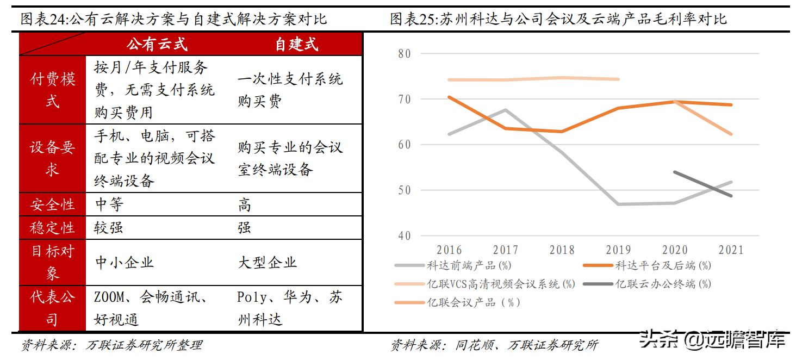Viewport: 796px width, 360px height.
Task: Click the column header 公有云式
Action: [157, 44]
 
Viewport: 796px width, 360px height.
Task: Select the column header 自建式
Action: [296, 44]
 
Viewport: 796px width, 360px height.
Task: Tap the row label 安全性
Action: [52, 204]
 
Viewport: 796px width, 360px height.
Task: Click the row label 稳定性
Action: [52, 228]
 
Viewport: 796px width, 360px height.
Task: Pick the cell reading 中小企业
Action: [125, 263]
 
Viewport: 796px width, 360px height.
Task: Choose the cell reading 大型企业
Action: [268, 263]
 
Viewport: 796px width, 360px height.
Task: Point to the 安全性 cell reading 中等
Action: [109, 204]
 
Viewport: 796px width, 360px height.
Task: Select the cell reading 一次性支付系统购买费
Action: [290, 90]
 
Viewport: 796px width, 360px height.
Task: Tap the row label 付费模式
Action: [52, 90]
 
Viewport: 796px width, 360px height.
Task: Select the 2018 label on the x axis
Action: [562, 250]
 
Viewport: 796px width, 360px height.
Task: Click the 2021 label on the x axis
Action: [731, 250]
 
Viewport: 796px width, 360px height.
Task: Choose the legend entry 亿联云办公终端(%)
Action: [663, 284]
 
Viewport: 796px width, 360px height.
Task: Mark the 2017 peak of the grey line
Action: [506, 110]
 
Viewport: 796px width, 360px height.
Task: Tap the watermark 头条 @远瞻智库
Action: [712, 340]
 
